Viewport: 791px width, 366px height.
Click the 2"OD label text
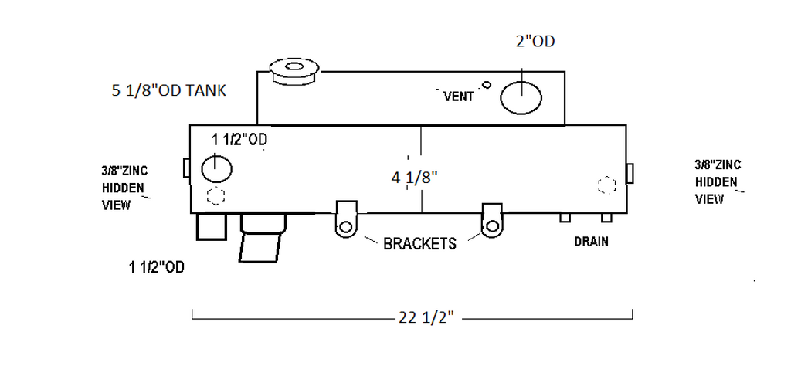pyautogui.click(x=535, y=41)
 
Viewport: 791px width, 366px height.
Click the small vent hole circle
pyautogui.click(x=486, y=84)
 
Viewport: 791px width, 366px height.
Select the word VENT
pyautogui.click(x=459, y=97)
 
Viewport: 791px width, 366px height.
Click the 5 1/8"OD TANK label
pyautogui.click(x=168, y=91)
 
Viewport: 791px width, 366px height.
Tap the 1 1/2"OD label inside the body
pyautogui.click(x=239, y=139)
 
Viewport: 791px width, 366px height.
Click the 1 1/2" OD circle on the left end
pyautogui.click(x=216, y=168)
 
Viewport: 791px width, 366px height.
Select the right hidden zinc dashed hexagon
pyautogui.click(x=608, y=185)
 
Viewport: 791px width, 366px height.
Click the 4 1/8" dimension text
pyautogui.click(x=415, y=178)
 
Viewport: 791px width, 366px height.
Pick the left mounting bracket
pyautogui.click(x=346, y=219)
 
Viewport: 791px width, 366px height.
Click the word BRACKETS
pyautogui.click(x=419, y=243)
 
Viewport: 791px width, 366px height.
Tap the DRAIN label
pyautogui.click(x=591, y=242)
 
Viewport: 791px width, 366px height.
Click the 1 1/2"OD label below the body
pyautogui.click(x=157, y=268)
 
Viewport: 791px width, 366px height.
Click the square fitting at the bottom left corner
pyautogui.click(x=211, y=227)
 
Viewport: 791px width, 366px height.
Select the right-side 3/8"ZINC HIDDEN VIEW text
pyautogui.click(x=718, y=181)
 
